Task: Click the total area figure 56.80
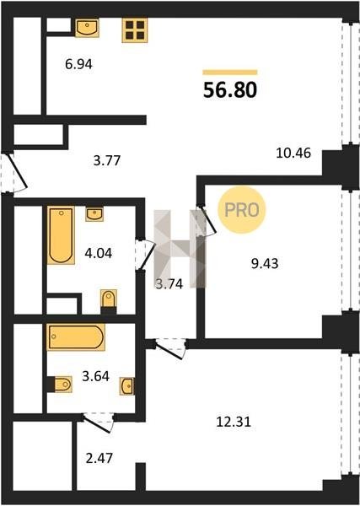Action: pyautogui.click(x=230, y=89)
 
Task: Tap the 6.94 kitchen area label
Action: pyautogui.click(x=78, y=64)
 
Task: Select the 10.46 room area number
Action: pyautogui.click(x=293, y=153)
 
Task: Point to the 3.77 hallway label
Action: pyautogui.click(x=107, y=160)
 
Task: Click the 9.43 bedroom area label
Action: pyautogui.click(x=265, y=264)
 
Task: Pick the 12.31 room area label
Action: pyautogui.click(x=234, y=422)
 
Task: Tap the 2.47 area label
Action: pyautogui.click(x=99, y=458)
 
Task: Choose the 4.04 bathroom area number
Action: pyautogui.click(x=99, y=253)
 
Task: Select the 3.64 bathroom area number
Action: pyautogui.click(x=96, y=376)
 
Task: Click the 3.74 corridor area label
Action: pyautogui.click(x=169, y=284)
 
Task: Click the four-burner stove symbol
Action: pyautogui.click(x=135, y=30)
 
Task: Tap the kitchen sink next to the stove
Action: pyautogui.click(x=87, y=28)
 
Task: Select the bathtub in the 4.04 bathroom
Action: pyautogui.click(x=61, y=235)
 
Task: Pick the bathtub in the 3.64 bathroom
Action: pyautogui.click(x=76, y=336)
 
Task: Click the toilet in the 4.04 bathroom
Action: pyautogui.click(x=109, y=301)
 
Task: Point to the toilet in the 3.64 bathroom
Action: pyautogui.click(x=60, y=385)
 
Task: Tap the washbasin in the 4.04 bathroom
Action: pyautogui.click(x=94, y=214)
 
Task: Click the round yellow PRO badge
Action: pyautogui.click(x=242, y=210)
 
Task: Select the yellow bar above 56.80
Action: pyautogui.click(x=230, y=73)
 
